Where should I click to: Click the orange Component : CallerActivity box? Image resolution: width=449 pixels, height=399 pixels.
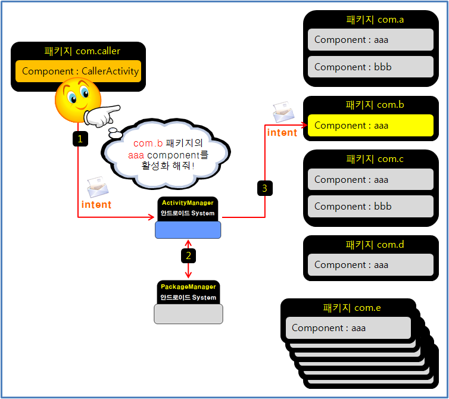click(78, 71)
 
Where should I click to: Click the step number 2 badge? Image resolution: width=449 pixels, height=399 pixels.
click(189, 255)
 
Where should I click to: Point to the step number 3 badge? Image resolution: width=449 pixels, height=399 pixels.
click(265, 188)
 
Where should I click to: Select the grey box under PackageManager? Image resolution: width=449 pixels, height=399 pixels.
click(188, 314)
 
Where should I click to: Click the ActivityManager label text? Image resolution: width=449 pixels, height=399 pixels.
click(188, 203)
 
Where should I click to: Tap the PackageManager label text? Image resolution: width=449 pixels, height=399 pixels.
click(188, 287)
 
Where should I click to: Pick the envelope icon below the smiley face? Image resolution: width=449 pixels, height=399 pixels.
click(98, 187)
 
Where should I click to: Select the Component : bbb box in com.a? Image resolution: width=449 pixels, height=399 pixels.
click(370, 67)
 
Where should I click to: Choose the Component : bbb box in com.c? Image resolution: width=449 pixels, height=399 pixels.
click(370, 207)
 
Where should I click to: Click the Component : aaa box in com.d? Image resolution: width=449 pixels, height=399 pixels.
click(370, 265)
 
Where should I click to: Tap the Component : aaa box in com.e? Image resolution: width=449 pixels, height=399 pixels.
click(348, 328)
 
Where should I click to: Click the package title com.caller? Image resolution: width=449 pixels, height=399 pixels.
click(78, 51)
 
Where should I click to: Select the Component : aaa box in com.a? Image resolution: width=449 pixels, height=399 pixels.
click(370, 40)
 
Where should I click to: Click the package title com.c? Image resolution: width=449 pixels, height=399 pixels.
click(375, 159)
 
